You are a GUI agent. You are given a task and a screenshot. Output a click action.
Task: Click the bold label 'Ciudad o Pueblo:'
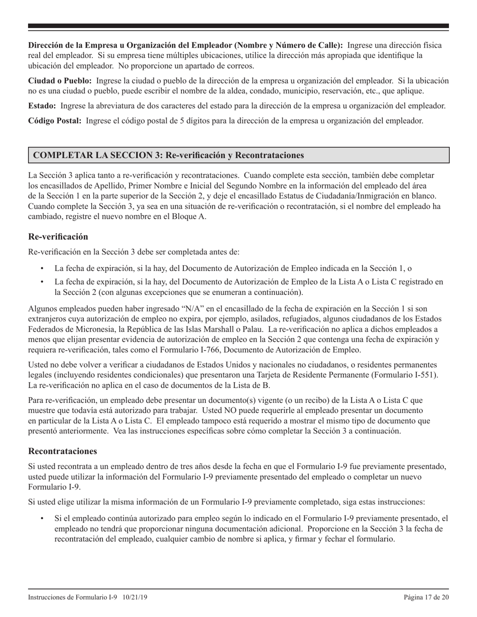click(60, 81)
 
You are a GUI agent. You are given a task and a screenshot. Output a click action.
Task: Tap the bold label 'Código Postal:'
click(55, 120)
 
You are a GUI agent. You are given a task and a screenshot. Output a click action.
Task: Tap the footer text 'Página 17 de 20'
click(426, 597)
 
